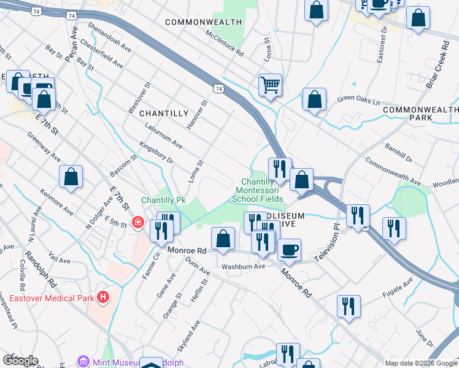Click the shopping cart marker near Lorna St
[x=270, y=85]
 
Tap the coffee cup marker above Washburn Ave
[x=289, y=250]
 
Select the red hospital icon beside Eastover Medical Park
[x=103, y=298]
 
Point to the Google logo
[x=20, y=361]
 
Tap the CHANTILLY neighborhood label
[x=163, y=113]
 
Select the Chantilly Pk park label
[x=163, y=200]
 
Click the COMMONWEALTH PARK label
[x=420, y=113]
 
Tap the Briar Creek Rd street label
[x=446, y=64]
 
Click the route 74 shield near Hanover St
[x=218, y=89]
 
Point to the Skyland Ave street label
[x=198, y=332]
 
